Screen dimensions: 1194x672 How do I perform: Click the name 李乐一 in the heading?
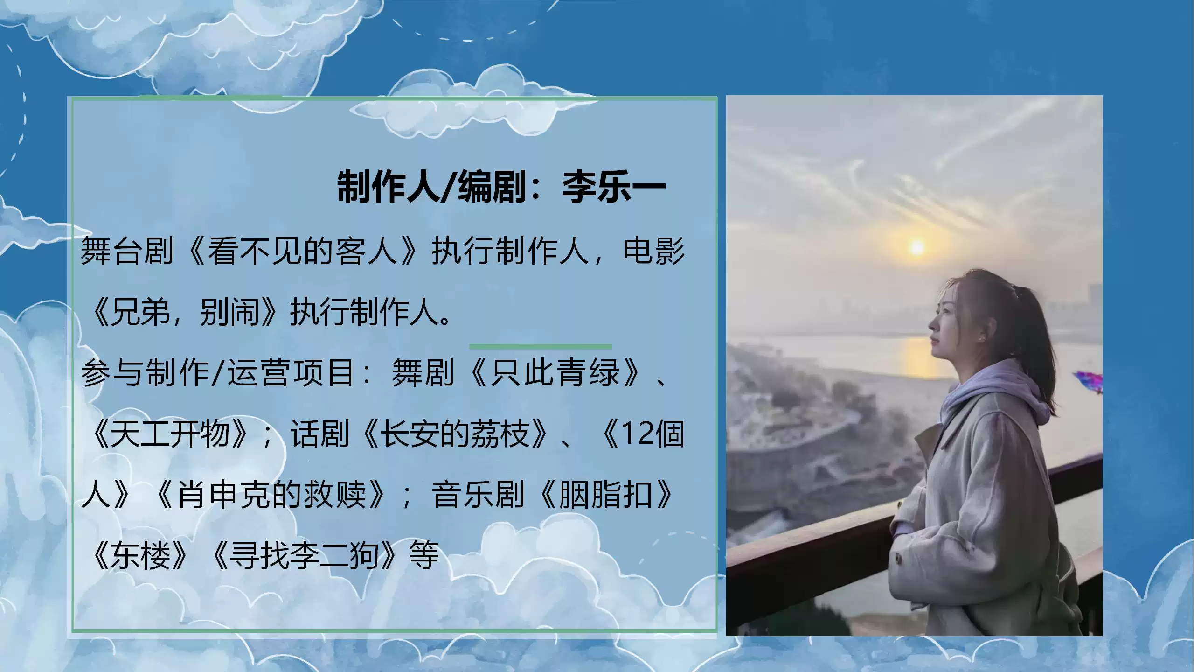coord(614,187)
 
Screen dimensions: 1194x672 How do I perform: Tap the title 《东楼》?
coord(140,555)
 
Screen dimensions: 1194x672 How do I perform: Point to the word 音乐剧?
coord(478,494)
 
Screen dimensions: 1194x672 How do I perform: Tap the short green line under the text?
coord(541,347)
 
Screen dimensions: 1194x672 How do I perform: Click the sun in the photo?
coord(916,247)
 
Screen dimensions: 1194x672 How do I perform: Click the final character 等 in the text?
coord(424,555)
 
